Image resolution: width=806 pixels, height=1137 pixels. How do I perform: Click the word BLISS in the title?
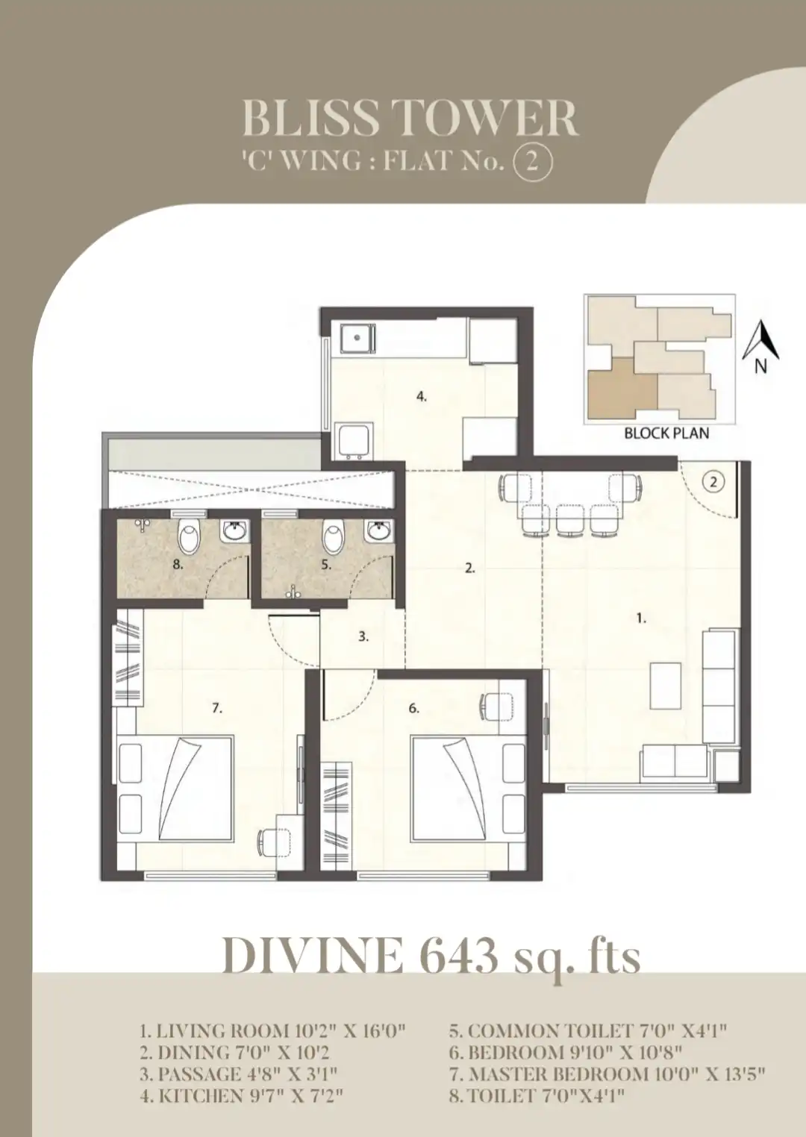(x=310, y=119)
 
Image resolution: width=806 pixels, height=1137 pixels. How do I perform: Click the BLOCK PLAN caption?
(x=666, y=433)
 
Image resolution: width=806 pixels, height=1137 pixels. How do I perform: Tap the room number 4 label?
(x=422, y=396)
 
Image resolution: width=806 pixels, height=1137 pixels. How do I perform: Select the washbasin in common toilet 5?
(x=379, y=531)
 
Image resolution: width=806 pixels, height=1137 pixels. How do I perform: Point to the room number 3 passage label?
(x=363, y=636)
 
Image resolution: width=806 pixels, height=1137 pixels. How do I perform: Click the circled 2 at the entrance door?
(x=713, y=482)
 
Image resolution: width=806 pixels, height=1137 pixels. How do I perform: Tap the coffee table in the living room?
(x=666, y=686)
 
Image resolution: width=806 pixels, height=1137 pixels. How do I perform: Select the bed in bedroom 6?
(x=468, y=789)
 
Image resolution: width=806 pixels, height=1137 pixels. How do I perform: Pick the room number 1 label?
(x=642, y=618)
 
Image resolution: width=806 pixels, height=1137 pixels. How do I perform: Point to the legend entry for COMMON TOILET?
(x=587, y=1031)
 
